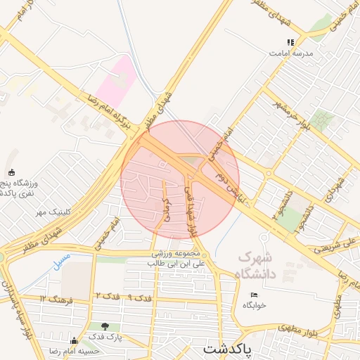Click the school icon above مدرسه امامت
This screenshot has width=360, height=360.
point(290,42)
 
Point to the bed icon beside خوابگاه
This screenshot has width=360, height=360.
point(254,295)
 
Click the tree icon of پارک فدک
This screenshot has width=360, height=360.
point(105,326)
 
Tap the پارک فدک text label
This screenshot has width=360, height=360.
point(106,337)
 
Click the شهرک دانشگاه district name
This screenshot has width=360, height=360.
point(262,266)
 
